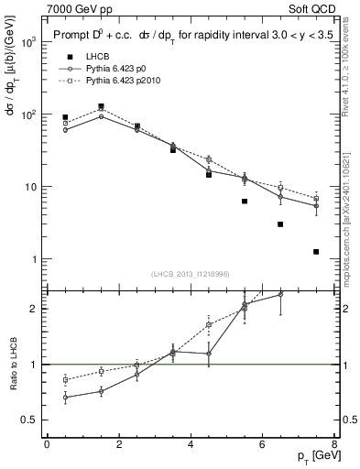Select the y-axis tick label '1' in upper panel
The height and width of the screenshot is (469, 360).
(x=32, y=259)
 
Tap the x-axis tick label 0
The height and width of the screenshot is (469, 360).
(x=47, y=444)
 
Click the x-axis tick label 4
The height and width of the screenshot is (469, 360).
(x=191, y=444)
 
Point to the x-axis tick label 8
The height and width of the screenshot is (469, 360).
(x=334, y=444)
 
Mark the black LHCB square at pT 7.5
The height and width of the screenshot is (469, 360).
(x=316, y=251)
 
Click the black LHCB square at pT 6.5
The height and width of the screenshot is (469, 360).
(x=280, y=224)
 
